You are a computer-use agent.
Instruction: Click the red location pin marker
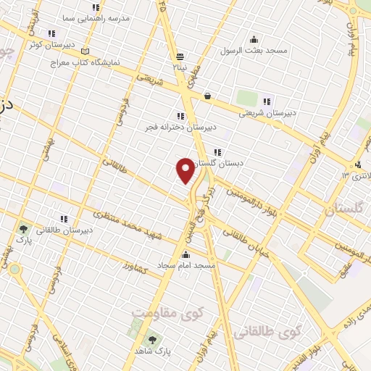(185, 170)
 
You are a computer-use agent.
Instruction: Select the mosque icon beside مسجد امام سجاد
(186, 254)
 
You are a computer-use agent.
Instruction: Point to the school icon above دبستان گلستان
(217, 151)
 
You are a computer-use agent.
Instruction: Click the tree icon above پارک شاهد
(152, 339)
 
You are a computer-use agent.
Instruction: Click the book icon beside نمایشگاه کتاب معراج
(86, 52)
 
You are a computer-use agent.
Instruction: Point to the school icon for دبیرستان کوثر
(51, 33)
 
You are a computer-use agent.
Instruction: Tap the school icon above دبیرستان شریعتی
(267, 101)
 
